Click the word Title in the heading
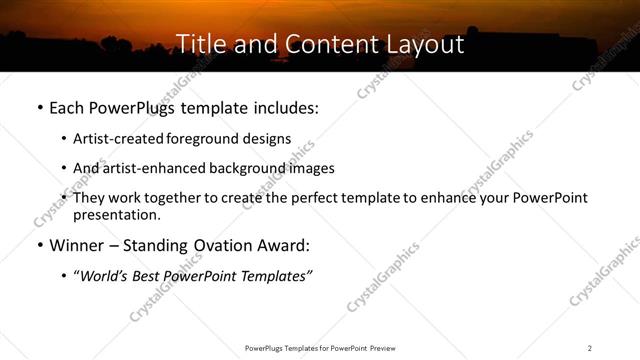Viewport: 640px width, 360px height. [x=199, y=45]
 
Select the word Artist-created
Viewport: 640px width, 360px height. [x=120, y=139]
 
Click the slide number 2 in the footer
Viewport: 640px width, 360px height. [x=590, y=348]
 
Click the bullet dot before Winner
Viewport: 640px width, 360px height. [x=39, y=246]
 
